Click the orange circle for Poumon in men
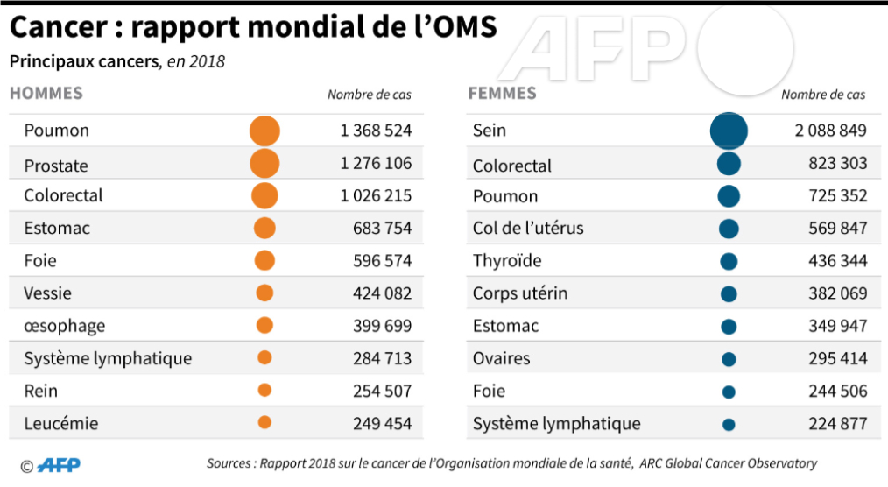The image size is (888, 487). tap(264, 131)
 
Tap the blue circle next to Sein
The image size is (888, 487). tap(729, 131)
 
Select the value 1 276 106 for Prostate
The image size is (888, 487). tap(376, 163)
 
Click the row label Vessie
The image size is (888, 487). tap(48, 293)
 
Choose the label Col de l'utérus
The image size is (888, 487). tap(528, 229)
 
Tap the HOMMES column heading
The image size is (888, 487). tap(46, 93)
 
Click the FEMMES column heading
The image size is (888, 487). tap(503, 93)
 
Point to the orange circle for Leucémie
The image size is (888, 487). tap(264, 422)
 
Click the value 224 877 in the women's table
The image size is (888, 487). tap(837, 424)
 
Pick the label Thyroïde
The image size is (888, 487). tap(507, 261)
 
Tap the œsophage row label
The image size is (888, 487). tap(65, 326)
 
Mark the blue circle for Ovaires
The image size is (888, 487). tap(729, 359)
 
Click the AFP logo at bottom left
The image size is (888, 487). tap(60, 465)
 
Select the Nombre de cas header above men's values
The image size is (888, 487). tap(369, 95)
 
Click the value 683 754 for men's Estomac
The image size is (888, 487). tap(382, 229)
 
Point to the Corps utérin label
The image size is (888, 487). tap(520, 293)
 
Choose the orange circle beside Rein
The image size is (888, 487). tap(264, 390)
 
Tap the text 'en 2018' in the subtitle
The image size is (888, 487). tap(195, 62)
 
